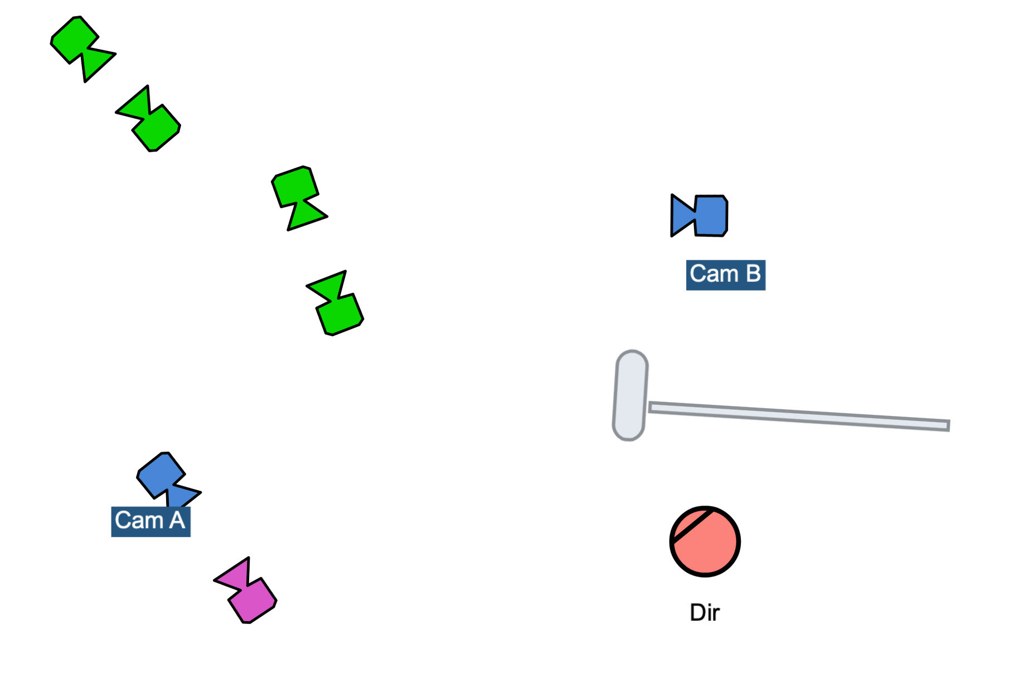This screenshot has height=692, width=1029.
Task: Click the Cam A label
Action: tap(151, 521)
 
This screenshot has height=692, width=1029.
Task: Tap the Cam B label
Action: tap(725, 274)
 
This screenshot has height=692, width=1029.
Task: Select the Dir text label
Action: tap(705, 612)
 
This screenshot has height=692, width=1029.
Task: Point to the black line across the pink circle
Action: tap(691, 525)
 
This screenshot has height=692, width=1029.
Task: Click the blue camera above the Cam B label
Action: tap(701, 215)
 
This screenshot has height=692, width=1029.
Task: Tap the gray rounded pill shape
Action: tap(630, 395)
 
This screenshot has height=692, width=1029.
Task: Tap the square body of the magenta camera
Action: tap(253, 601)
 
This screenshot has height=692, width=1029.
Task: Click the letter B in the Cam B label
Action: tap(753, 274)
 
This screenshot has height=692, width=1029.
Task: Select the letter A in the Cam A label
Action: tap(177, 521)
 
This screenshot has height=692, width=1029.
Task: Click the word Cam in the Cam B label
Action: tap(713, 274)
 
